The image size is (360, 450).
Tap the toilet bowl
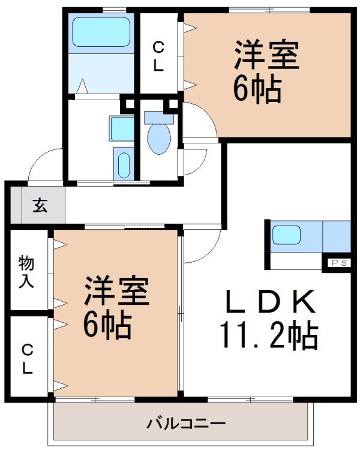pyautogui.click(x=159, y=137)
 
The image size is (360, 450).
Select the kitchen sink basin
pyautogui.click(x=286, y=235)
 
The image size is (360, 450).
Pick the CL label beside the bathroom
pyautogui.click(x=158, y=56)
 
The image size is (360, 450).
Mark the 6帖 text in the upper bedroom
pyautogui.click(x=257, y=89)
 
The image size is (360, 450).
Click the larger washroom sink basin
pyautogui.click(x=122, y=127)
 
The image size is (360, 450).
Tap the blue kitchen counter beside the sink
pyautogui.click(x=336, y=236)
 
